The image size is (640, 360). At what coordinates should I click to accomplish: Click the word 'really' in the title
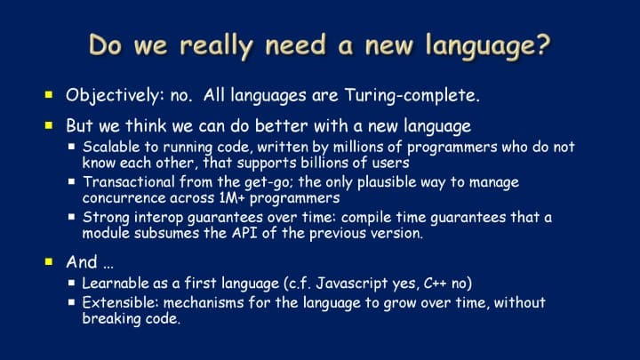point(216,45)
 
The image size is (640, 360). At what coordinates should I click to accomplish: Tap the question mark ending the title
point(543,44)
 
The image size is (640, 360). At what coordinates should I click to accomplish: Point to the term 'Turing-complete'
point(412,96)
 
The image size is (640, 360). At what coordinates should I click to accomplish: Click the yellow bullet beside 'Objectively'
point(49,95)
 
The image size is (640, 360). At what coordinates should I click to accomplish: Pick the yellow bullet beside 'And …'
point(49,261)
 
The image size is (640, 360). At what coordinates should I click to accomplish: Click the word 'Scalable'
point(105,147)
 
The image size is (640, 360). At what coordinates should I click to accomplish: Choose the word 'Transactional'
point(129,181)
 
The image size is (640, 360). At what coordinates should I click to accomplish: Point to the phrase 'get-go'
point(268,182)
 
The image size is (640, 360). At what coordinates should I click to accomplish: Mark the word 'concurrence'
point(124,198)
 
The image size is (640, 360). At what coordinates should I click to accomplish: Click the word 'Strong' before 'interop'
point(106,218)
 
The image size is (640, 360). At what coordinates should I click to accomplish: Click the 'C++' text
point(435,283)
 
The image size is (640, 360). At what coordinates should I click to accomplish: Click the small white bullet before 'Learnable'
point(72,282)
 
